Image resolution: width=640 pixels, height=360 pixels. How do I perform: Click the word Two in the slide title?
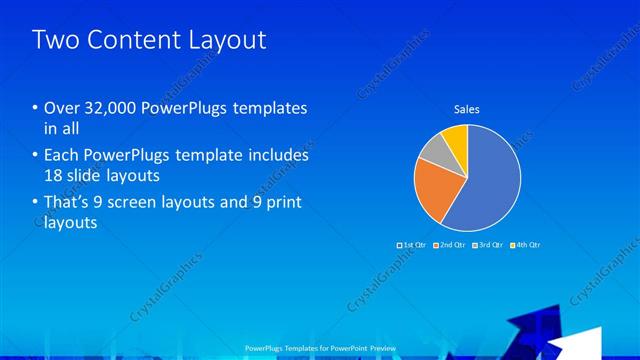pos(53,40)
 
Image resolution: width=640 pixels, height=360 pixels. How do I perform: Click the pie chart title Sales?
pos(467,108)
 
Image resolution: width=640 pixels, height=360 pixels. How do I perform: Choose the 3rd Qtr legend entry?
pos(488,244)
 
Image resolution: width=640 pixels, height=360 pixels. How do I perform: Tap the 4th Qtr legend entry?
pos(526,244)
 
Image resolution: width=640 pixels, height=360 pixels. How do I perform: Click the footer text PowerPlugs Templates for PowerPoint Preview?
pos(319,347)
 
